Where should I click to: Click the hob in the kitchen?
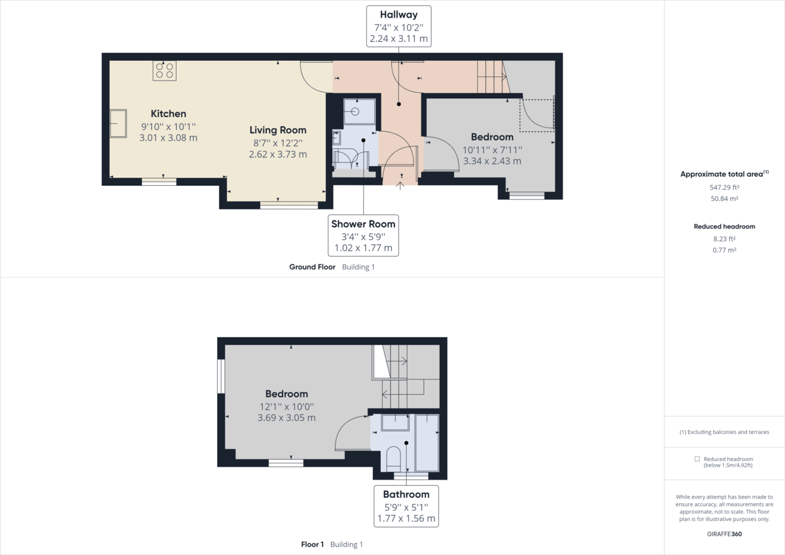point(164,70)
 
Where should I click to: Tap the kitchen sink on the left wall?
point(118,124)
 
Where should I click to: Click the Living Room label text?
point(277,130)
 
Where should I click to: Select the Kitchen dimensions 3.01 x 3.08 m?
point(168,137)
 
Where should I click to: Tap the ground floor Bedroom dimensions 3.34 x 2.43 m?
point(492,160)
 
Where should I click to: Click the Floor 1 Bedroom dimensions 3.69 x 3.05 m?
point(287,418)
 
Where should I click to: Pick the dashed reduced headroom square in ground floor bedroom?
point(536,115)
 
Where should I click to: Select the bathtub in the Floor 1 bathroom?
point(427,442)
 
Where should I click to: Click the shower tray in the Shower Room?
point(359,111)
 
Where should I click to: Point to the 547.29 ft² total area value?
point(724,187)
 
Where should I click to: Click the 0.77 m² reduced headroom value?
point(724,250)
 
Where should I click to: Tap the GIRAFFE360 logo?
point(724,534)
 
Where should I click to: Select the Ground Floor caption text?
point(313,267)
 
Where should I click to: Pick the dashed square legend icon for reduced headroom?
point(697,459)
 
